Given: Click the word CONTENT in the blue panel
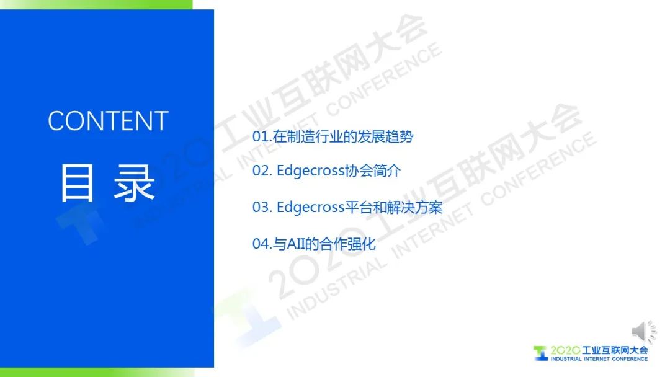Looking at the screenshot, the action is pyautogui.click(x=108, y=121).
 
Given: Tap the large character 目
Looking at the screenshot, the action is pyautogui.click(x=77, y=183).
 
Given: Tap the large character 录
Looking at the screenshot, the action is pyautogui.click(x=134, y=183).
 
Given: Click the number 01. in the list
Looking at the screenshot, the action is pyautogui.click(x=262, y=136).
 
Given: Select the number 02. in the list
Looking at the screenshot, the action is pyautogui.click(x=262, y=171).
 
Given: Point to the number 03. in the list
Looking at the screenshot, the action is pyautogui.click(x=262, y=207).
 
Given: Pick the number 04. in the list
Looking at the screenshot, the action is pyautogui.click(x=262, y=244).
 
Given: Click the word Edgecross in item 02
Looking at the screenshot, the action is pyautogui.click(x=311, y=171).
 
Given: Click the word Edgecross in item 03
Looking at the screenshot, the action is pyautogui.click(x=311, y=208).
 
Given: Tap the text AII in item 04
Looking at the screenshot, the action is pyautogui.click(x=296, y=244).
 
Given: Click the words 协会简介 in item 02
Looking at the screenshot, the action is pyautogui.click(x=373, y=171).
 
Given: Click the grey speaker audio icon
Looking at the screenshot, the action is pyautogui.click(x=644, y=332).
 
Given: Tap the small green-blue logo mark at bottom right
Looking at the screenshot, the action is pyautogui.click(x=540, y=353).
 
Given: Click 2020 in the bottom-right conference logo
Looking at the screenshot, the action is pyautogui.click(x=565, y=350).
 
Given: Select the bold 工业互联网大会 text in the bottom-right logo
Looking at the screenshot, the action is pyautogui.click(x=615, y=350).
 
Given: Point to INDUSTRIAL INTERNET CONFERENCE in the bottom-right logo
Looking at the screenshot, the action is pyautogui.click(x=599, y=359).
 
